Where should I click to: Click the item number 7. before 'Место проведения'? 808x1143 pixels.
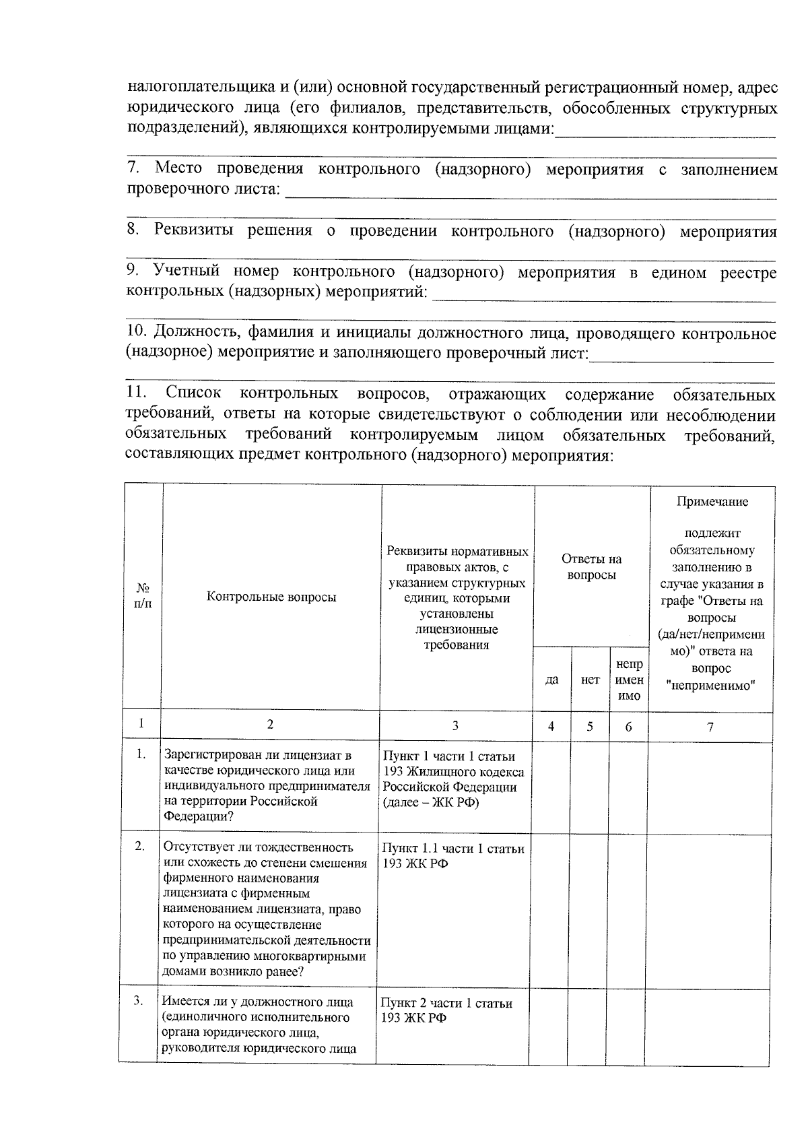pos(133,168)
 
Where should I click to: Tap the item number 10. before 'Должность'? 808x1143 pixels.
pos(137,333)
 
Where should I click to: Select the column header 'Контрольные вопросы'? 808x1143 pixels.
pos(271,597)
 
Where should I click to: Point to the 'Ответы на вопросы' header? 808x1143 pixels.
pos(591,567)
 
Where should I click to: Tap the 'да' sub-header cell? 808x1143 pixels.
pos(551,680)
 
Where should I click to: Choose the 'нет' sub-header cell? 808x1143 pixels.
pos(590,680)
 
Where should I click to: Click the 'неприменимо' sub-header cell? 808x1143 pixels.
pos(629,680)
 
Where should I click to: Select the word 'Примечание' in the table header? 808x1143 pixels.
pos(712,502)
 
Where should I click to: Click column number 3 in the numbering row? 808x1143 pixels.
pos(456,725)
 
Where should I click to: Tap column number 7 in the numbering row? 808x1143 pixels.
pos(710,725)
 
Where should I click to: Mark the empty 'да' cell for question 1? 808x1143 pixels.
pos(550,785)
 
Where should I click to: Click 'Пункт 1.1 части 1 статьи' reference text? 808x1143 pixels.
pos(452,849)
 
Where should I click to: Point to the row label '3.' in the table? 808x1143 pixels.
pos(138,1001)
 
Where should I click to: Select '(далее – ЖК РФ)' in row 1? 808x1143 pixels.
pos(431,802)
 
